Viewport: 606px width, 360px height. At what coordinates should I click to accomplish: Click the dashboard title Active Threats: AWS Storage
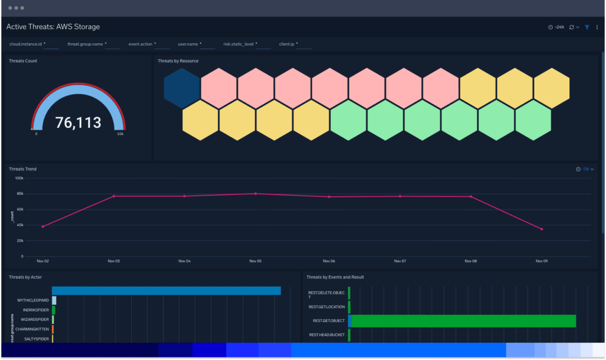pyautogui.click(x=53, y=27)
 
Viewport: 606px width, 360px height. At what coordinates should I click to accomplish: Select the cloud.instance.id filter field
pyautogui.click(x=51, y=44)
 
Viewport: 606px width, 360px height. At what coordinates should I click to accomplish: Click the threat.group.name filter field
pyautogui.click(x=113, y=44)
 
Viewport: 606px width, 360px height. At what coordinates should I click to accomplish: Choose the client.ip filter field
pyautogui.click(x=304, y=44)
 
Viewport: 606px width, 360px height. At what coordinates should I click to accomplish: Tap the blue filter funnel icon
pyautogui.click(x=587, y=27)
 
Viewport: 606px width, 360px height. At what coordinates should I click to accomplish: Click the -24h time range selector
pyautogui.click(x=556, y=27)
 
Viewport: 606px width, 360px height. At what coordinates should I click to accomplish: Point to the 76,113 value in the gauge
pyautogui.click(x=78, y=123)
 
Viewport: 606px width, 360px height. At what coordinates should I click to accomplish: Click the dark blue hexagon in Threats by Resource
pyautogui.click(x=182, y=88)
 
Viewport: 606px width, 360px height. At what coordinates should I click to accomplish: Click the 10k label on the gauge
pyautogui.click(x=120, y=134)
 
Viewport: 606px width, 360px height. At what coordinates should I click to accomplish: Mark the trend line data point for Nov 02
pyautogui.click(x=43, y=227)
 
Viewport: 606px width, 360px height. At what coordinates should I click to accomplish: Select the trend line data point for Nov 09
pyautogui.click(x=541, y=229)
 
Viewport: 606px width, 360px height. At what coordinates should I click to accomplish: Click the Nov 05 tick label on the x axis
pyautogui.click(x=255, y=261)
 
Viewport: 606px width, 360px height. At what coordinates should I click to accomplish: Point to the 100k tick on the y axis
pyautogui.click(x=18, y=178)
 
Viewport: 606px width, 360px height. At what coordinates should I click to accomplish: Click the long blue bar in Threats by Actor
pyautogui.click(x=166, y=291)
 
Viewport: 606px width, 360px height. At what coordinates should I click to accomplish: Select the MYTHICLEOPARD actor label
pyautogui.click(x=33, y=300)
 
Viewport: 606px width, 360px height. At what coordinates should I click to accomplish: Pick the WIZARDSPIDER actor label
pyautogui.click(x=34, y=320)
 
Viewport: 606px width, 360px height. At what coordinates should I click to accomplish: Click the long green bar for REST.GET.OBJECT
pyautogui.click(x=463, y=321)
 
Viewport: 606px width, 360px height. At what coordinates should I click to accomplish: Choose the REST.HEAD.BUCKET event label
pyautogui.click(x=327, y=335)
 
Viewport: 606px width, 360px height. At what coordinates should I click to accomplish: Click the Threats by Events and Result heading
pyautogui.click(x=335, y=277)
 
